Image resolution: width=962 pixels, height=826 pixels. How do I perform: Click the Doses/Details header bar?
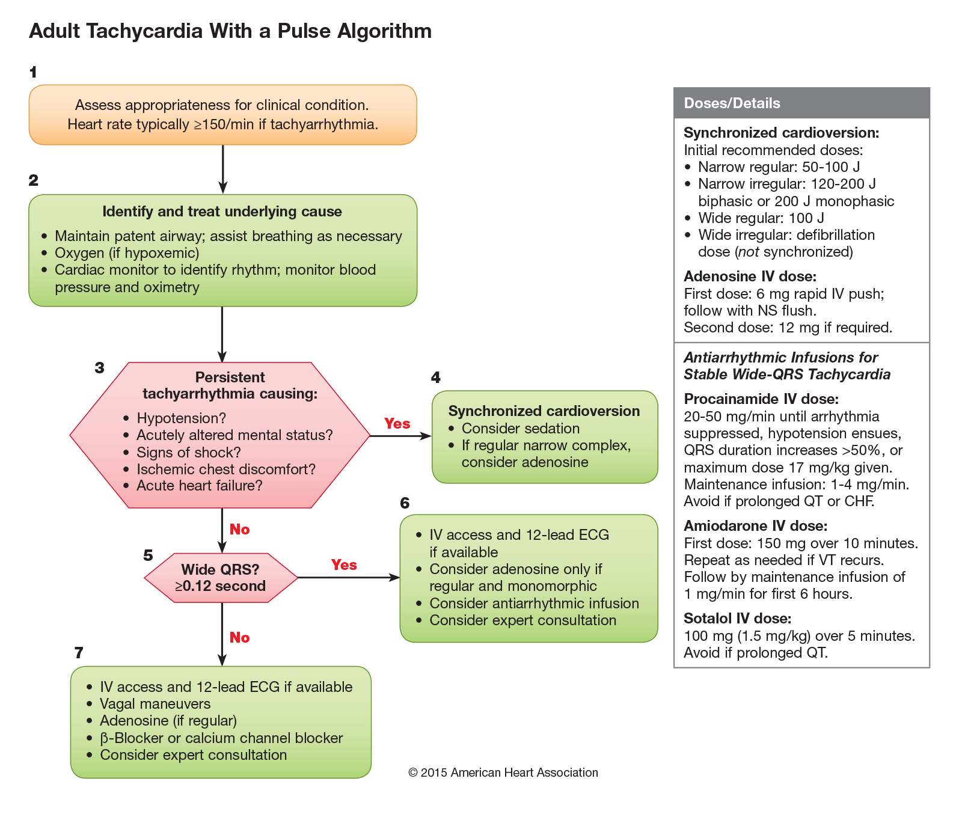click(x=801, y=103)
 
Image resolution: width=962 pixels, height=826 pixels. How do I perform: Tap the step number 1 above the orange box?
click(x=33, y=72)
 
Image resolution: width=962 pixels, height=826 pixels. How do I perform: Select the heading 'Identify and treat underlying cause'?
click(x=222, y=212)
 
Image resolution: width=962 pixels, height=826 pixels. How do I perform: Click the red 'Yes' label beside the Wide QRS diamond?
click(x=344, y=564)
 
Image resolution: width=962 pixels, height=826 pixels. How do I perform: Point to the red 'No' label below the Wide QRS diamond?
click(x=239, y=637)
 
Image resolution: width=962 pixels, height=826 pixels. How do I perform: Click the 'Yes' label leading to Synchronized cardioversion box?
click(x=397, y=423)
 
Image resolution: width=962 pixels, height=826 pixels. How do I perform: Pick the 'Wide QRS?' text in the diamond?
click(x=220, y=569)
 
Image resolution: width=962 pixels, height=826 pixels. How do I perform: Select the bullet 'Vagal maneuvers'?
click(x=155, y=703)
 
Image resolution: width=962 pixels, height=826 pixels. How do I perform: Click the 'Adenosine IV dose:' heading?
click(x=750, y=277)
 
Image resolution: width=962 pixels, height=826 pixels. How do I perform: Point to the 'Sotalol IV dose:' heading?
click(x=737, y=619)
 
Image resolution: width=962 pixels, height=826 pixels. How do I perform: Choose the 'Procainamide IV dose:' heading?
click(x=761, y=399)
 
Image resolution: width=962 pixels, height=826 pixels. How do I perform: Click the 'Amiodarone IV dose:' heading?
click(x=755, y=526)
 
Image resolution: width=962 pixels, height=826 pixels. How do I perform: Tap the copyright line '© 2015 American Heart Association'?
click(x=503, y=772)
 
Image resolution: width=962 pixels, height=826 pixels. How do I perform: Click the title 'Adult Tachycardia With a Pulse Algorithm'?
click(x=230, y=31)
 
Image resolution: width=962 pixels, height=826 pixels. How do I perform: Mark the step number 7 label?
click(x=79, y=652)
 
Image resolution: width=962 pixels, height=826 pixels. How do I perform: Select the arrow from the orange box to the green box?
click(x=222, y=169)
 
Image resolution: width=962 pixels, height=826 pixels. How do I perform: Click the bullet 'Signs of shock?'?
click(x=188, y=452)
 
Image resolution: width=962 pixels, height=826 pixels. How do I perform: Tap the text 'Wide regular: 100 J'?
click(x=761, y=218)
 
